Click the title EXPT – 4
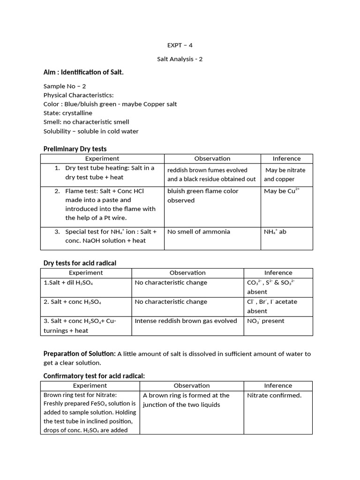click(180, 45)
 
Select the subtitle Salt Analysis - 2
click(180, 59)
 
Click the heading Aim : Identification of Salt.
click(83, 72)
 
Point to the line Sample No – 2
click(65, 86)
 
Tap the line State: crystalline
click(68, 113)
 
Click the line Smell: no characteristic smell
click(86, 122)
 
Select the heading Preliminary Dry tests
click(75, 149)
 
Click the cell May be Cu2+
click(281, 191)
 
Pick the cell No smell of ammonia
click(199, 232)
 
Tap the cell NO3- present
click(265, 321)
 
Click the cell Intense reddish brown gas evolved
click(186, 321)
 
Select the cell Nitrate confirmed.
click(274, 395)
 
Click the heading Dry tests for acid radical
click(80, 263)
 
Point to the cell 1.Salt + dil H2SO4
click(69, 283)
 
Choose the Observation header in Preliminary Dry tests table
click(212, 158)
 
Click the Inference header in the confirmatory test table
click(278, 385)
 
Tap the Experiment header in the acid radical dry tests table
click(86, 272)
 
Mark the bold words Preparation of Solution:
click(79, 354)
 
